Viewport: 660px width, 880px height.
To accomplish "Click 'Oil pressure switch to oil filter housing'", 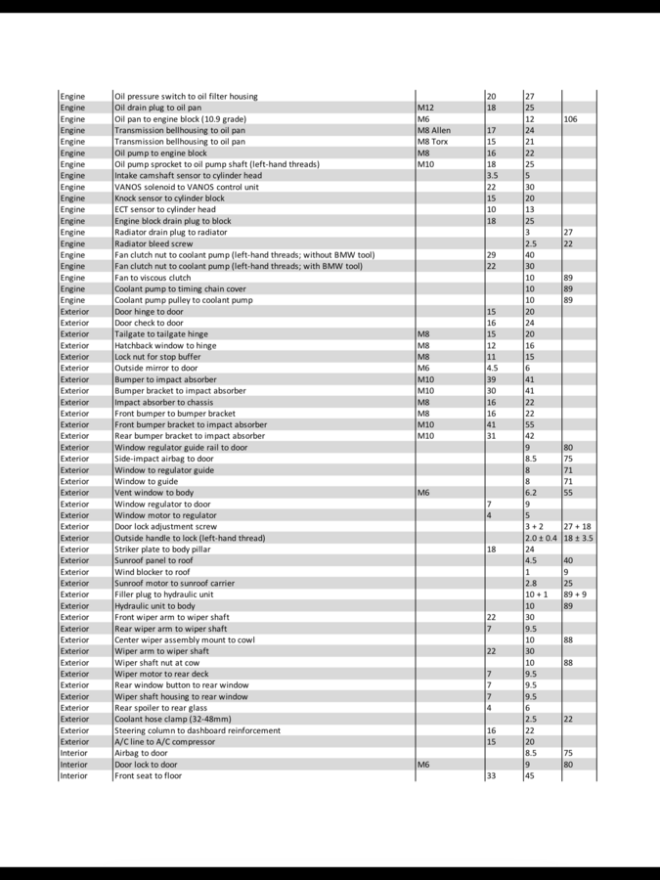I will pos(186,97).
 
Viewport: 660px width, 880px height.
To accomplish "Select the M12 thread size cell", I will pos(426,108).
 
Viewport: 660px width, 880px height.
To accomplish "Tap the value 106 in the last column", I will pos(571,119).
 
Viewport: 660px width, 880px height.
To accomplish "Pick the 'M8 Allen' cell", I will pos(434,130).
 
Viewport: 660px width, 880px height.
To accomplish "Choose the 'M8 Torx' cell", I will pos(432,142).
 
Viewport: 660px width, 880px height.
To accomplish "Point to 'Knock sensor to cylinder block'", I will pos(169,198).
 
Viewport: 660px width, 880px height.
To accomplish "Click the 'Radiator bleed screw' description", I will pos(154,243).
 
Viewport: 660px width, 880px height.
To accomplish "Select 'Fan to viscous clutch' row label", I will pos(153,278).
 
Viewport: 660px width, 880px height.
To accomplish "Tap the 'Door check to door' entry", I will pos(149,323).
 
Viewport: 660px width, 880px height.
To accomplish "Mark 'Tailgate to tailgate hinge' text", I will pos(161,334).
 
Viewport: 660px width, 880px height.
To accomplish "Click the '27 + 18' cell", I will pos(577,526).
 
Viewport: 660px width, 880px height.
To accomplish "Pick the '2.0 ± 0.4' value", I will pos(541,538).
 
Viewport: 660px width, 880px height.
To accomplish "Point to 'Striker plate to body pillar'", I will pos(162,550).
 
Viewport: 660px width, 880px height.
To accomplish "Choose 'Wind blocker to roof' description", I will pos(153,572).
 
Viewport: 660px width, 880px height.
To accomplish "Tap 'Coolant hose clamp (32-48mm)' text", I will pos(173,719).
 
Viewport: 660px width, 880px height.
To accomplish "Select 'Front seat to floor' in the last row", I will pos(148,776).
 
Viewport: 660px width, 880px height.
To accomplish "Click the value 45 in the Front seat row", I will pos(530,776).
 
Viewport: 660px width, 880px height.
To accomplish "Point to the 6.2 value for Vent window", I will pos(532,493).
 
